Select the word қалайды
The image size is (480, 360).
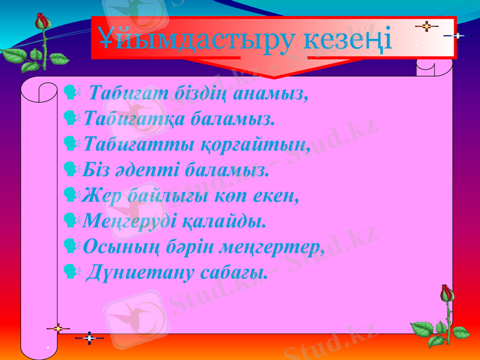231,222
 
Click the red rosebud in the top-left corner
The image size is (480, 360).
41,22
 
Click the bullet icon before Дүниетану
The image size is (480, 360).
70,272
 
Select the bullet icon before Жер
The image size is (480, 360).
70,196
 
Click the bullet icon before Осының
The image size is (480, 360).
70,247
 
